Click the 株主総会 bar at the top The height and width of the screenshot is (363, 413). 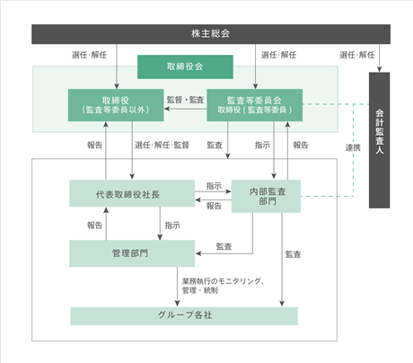click(211, 34)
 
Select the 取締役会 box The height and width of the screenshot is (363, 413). click(185, 66)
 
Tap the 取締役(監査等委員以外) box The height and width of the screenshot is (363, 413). click(116, 105)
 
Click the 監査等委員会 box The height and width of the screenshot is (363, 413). click(255, 105)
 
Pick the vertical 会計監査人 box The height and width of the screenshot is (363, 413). click(379, 140)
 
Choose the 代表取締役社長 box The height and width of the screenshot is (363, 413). click(132, 193)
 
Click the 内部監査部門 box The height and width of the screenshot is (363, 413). click(266, 196)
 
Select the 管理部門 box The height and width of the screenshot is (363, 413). click(132, 253)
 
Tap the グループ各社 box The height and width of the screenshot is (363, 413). click(184, 316)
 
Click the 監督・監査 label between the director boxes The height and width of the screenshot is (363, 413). click(185, 100)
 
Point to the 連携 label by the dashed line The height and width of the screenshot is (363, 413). click(353, 147)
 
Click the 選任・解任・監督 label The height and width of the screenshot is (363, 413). click(162, 146)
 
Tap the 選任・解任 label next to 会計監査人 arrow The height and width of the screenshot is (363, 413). click(356, 55)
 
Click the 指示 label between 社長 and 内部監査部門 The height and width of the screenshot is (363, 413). click(214, 186)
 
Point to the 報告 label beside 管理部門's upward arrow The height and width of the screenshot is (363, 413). click(94, 226)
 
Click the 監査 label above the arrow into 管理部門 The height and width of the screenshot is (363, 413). click(224, 246)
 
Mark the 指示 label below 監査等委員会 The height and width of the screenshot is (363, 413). click(262, 146)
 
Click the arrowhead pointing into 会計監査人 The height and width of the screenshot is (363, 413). click(379, 69)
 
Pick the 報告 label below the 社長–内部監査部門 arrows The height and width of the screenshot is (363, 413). click(214, 206)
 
